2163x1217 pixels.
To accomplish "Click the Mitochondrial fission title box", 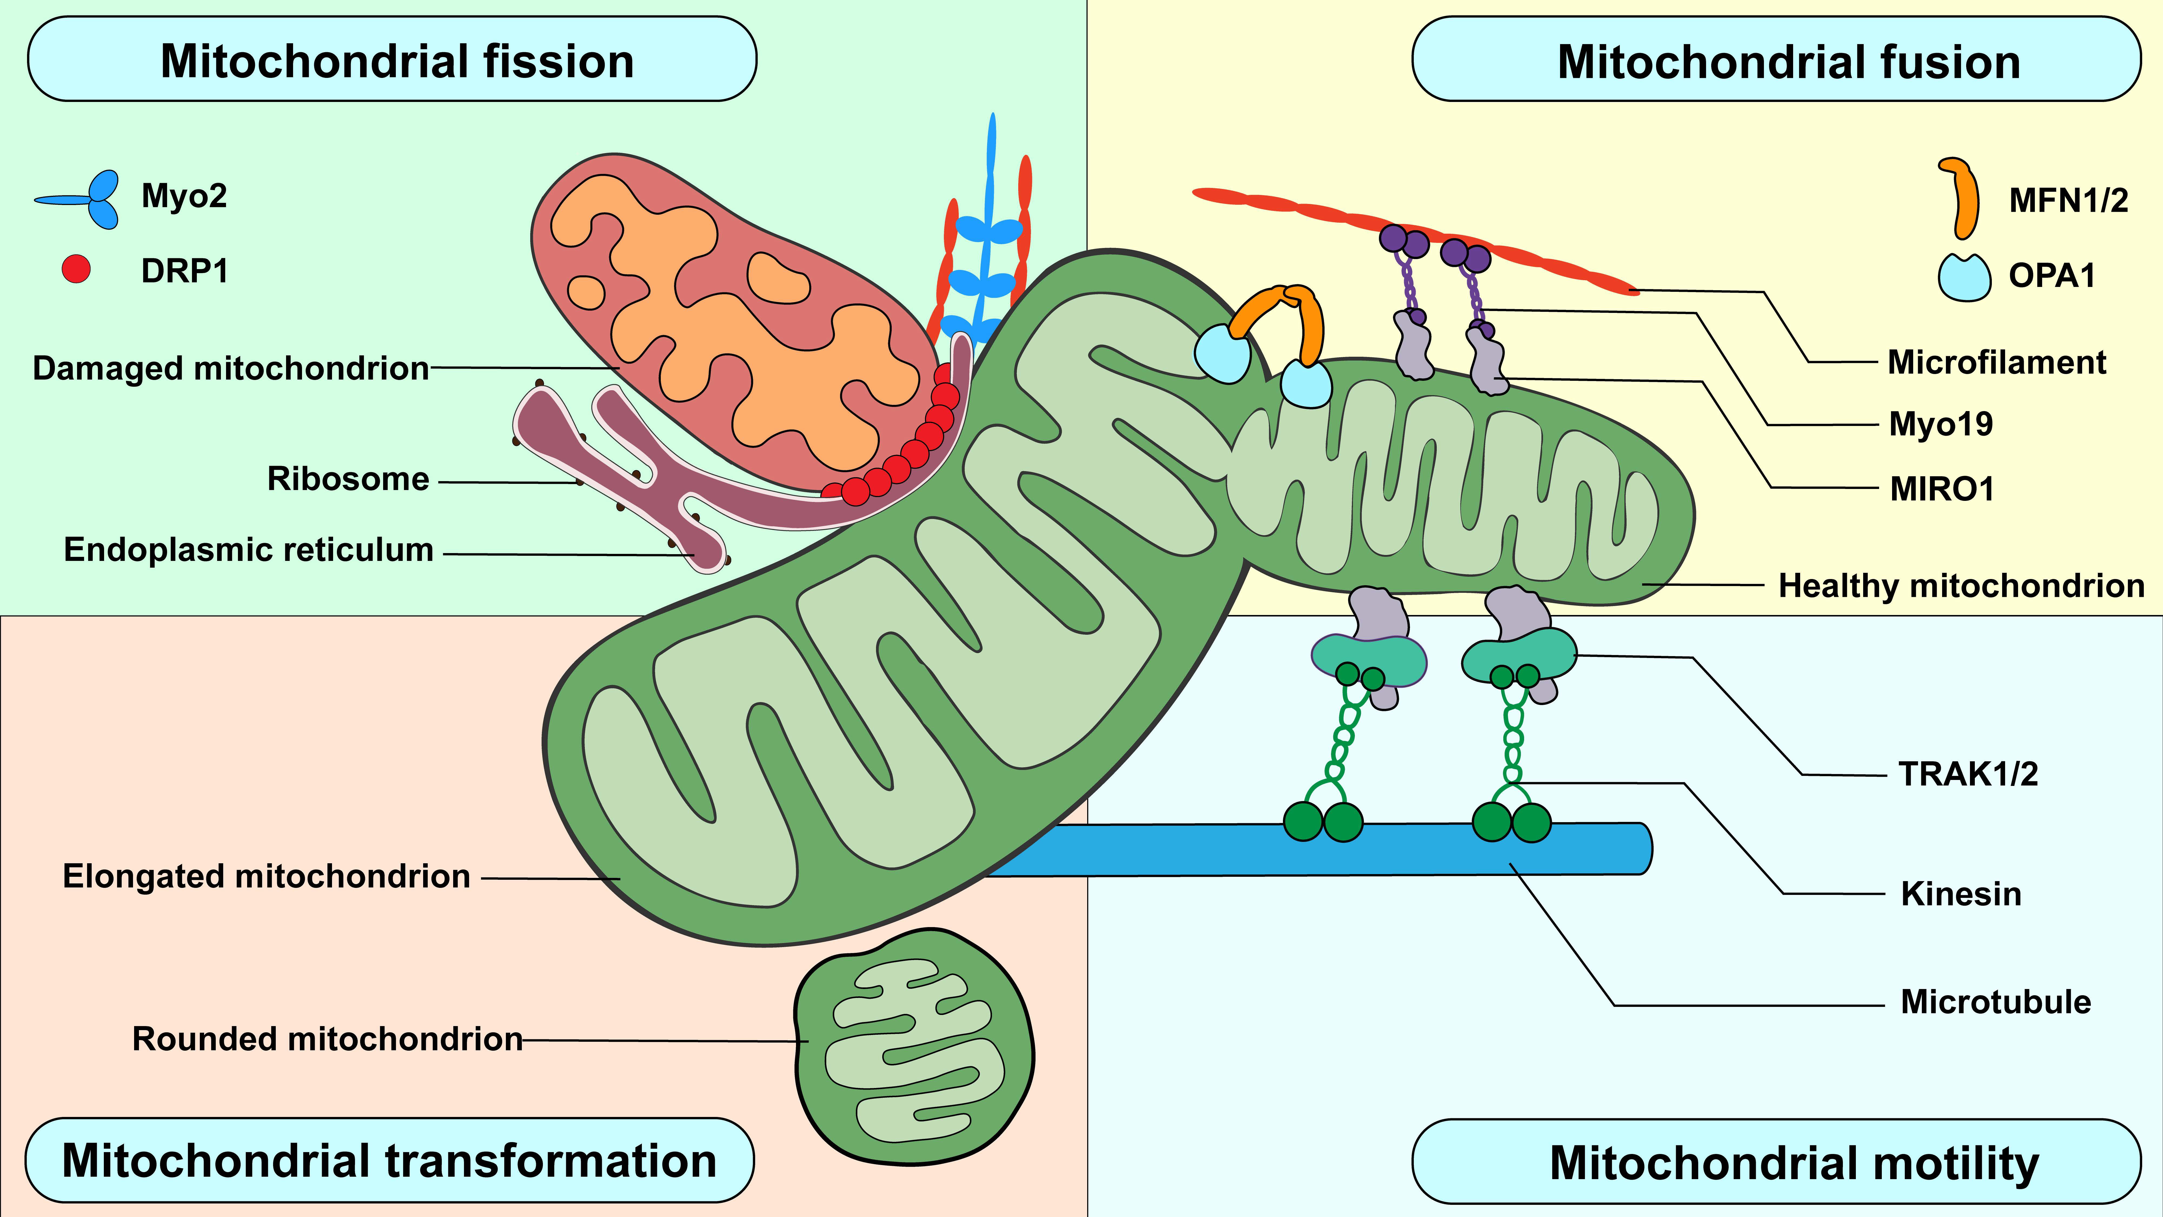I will click(x=392, y=61).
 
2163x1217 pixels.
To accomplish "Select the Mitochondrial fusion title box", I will click(x=1776, y=61).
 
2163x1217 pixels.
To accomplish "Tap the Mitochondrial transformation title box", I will click(x=390, y=1161).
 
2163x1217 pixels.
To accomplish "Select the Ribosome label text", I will click(x=348, y=479).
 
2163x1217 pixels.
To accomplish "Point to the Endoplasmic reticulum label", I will click(x=248, y=549).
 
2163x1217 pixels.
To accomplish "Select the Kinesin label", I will click(x=1961, y=894).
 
